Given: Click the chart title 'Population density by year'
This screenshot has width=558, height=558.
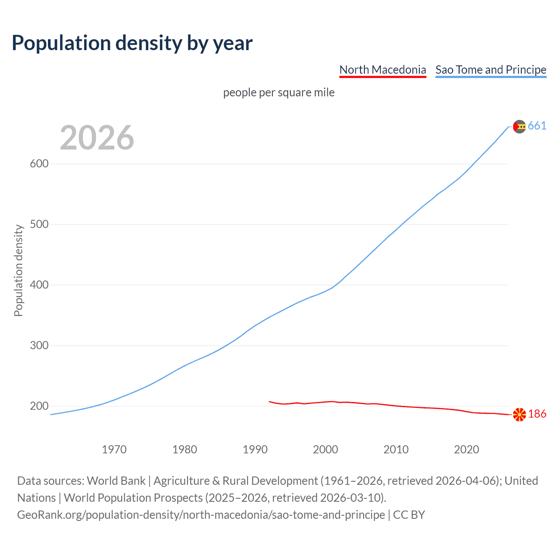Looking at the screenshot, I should [x=132, y=43].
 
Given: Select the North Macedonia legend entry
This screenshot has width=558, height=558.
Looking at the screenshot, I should [x=382, y=70].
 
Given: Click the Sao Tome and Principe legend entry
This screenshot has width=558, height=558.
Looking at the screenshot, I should [x=490, y=70].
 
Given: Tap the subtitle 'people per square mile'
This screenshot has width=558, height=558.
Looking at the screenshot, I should [x=279, y=93].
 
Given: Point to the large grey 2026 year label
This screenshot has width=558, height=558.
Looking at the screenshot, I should [x=97, y=138].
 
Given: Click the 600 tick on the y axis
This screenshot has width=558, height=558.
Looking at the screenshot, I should [x=39, y=164].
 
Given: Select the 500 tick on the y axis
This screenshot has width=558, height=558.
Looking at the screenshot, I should [x=39, y=225].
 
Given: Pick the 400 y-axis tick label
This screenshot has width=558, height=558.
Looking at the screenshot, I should [x=39, y=285].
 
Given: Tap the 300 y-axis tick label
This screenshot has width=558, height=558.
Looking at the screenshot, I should [x=39, y=346].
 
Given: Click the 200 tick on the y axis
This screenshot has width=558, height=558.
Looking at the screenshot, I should [x=39, y=406].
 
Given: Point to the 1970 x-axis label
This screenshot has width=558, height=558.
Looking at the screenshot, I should [x=114, y=449].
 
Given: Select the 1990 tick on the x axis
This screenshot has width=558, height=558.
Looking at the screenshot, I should [x=255, y=449].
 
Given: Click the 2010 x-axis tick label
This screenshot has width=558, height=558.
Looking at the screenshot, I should [x=396, y=449].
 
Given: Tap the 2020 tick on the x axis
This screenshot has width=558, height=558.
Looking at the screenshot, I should [x=466, y=449].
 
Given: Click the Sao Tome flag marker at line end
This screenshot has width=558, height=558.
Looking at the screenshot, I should [x=519, y=126].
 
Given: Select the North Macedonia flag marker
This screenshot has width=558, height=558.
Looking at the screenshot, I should [x=519, y=415].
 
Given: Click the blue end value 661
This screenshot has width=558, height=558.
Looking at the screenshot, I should [x=537, y=126].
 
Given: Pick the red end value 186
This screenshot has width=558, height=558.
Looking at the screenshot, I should [x=537, y=414].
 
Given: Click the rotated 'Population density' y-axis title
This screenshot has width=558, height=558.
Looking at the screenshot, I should [x=18, y=270].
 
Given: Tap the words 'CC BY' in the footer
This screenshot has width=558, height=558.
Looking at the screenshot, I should [x=409, y=515].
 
